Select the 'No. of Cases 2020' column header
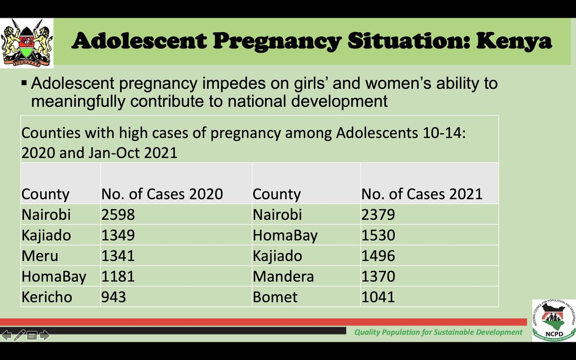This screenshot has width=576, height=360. point(162,194)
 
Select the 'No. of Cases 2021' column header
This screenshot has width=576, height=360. point(421,194)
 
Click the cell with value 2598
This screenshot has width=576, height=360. point(118,215)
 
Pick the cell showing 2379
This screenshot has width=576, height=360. point(378,215)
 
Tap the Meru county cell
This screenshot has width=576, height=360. point(40,256)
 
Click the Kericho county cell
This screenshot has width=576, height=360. point(47,297)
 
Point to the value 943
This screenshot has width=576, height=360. point(113,297)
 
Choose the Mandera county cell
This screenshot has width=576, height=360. point(283,276)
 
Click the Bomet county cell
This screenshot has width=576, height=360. point(275,297)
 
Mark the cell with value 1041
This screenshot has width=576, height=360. point(378,297)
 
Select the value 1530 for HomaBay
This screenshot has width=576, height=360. point(378,235)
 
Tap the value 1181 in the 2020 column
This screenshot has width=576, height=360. point(118,276)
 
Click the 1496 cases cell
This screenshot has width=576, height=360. point(378,256)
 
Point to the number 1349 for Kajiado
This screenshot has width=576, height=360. point(118,235)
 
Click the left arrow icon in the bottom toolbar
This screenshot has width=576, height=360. point(7,335)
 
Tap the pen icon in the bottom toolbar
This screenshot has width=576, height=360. point(19,335)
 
